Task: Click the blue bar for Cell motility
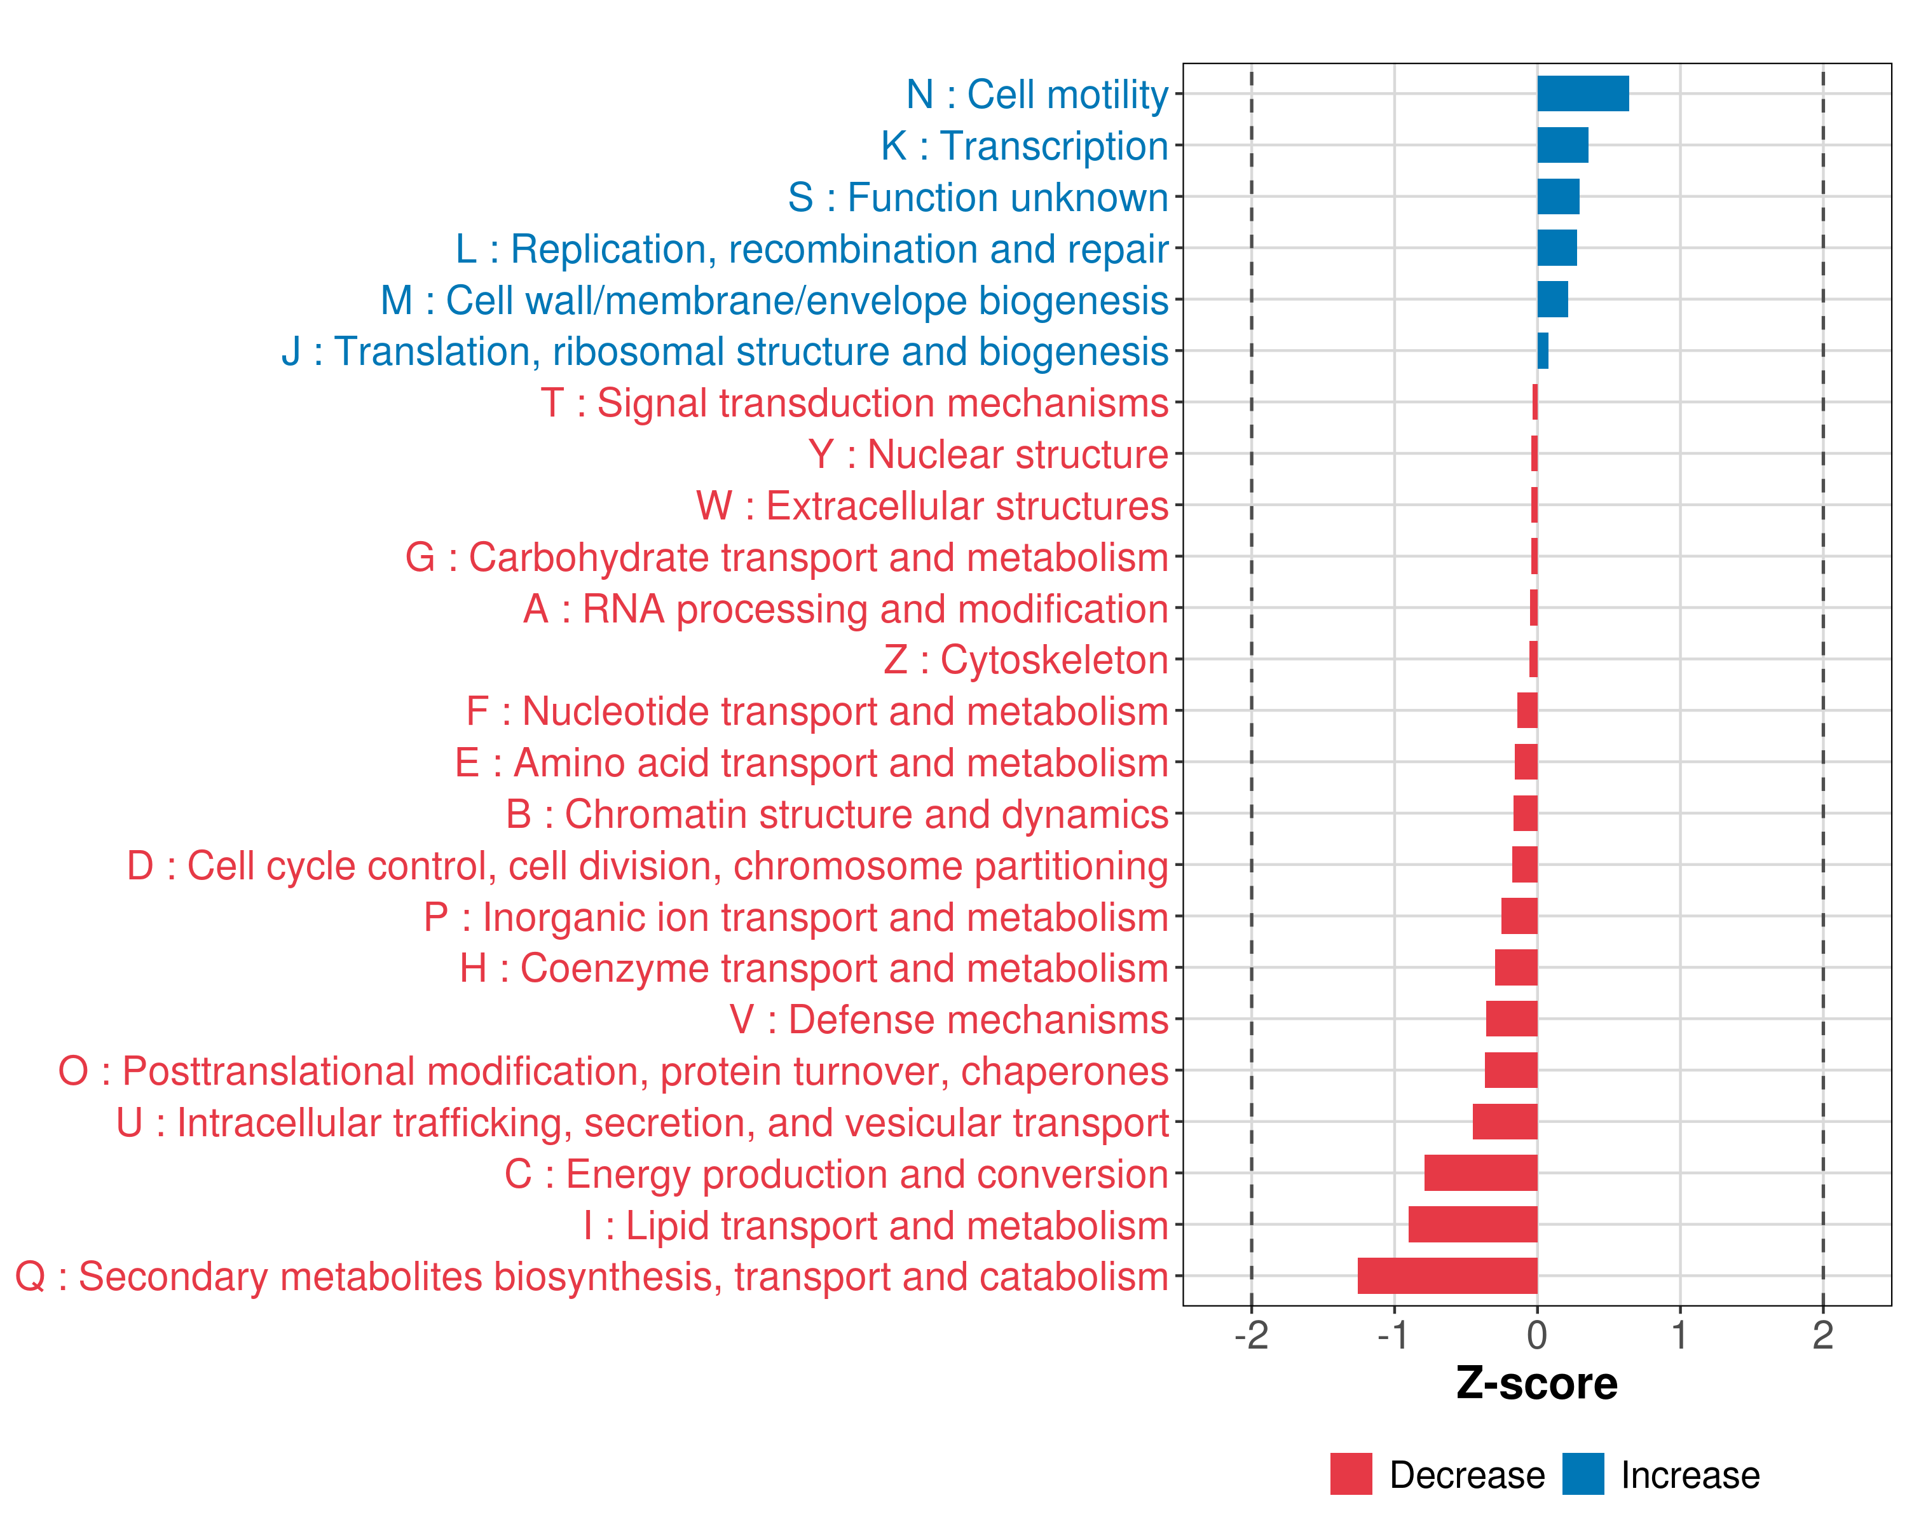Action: pos(1582,93)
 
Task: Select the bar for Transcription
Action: pos(1562,145)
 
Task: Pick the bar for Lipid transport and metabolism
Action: pos(1473,1225)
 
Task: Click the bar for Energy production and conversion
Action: pos(1480,1173)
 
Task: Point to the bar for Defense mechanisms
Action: pos(1512,1019)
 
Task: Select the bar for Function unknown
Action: pos(1557,196)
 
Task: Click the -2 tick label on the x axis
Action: pos(1251,1335)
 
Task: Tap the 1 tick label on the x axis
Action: pos(1679,1335)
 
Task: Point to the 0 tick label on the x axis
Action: pos(1537,1335)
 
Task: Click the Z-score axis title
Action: pos(1537,1384)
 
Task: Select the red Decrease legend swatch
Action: pos(1351,1474)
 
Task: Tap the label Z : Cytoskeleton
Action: pos(1026,660)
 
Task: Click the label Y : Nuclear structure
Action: pos(988,455)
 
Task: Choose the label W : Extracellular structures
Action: pos(933,506)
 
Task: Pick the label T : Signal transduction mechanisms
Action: pos(854,403)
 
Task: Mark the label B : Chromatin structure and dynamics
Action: pos(837,814)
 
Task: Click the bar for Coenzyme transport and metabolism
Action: pos(1516,968)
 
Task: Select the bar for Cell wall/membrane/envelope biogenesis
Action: pos(1552,299)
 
